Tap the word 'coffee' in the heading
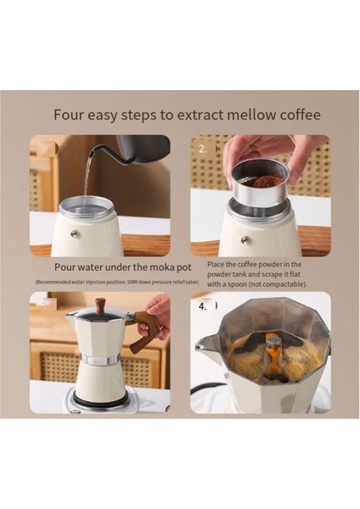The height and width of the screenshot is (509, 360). click(297, 115)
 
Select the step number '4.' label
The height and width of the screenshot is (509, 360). click(202, 306)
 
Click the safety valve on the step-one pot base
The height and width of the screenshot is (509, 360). click(75, 232)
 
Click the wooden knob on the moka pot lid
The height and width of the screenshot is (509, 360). click(101, 305)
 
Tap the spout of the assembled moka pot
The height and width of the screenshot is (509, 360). click(70, 315)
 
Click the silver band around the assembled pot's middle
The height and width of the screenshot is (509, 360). click(100, 361)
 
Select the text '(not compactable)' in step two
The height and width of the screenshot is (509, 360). click(281, 284)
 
